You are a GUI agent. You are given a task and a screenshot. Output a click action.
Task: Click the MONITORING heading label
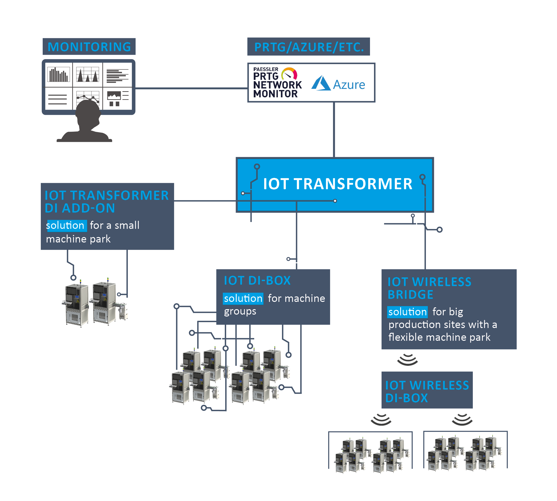click(89, 47)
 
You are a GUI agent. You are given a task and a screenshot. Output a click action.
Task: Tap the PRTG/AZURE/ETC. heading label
click(308, 47)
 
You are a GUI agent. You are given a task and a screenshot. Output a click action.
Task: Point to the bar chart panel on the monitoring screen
click(58, 74)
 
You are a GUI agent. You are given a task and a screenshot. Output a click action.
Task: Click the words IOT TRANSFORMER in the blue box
click(337, 184)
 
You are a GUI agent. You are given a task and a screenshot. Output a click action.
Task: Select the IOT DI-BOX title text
click(257, 280)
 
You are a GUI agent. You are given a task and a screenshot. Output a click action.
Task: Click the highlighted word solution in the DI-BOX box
click(243, 298)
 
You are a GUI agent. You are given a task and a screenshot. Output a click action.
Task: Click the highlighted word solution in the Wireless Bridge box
click(407, 312)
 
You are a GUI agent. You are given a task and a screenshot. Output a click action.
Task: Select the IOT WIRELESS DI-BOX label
click(426, 391)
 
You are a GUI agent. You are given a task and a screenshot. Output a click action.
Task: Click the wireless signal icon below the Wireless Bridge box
click(407, 360)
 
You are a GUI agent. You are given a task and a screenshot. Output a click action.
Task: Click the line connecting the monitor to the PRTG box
click(191, 88)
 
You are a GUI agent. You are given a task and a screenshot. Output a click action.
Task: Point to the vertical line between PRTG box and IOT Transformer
click(334, 129)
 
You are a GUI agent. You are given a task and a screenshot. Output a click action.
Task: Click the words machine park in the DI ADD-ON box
click(78, 239)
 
